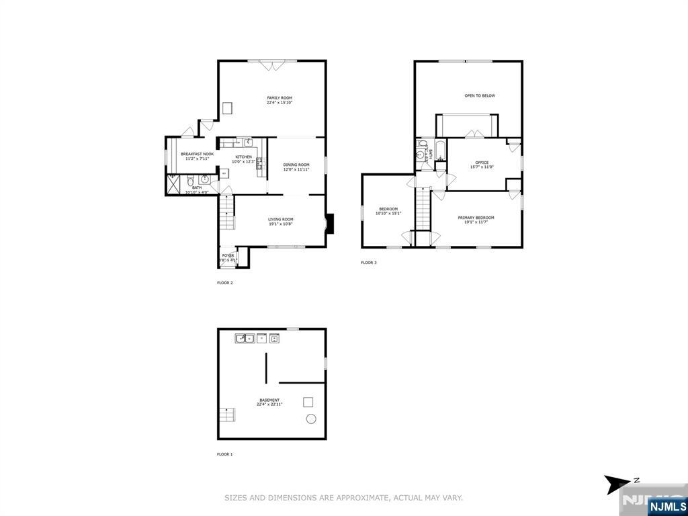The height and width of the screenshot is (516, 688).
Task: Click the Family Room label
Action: tap(279, 98)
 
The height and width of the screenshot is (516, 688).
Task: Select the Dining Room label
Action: tap(296, 165)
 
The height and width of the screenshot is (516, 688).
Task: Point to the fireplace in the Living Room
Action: tap(329, 224)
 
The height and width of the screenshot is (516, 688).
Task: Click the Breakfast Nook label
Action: tap(197, 154)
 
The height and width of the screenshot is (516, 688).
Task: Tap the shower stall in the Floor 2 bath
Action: tap(173, 184)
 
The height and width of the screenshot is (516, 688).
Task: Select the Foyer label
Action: tap(228, 255)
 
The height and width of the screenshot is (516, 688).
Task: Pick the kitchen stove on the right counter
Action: tap(259, 162)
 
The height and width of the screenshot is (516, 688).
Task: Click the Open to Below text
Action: tap(480, 96)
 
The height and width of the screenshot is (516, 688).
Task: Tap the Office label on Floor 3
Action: tap(481, 162)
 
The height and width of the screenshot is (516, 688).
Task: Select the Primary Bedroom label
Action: tap(476, 218)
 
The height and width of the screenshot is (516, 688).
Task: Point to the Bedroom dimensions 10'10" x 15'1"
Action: tap(388, 214)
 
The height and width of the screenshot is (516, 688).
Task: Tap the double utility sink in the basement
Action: tap(245, 339)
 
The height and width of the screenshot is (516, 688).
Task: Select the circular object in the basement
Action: tap(312, 419)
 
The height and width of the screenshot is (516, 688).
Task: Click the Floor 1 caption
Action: tap(224, 454)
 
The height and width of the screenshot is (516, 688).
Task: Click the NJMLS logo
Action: tap(667, 506)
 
